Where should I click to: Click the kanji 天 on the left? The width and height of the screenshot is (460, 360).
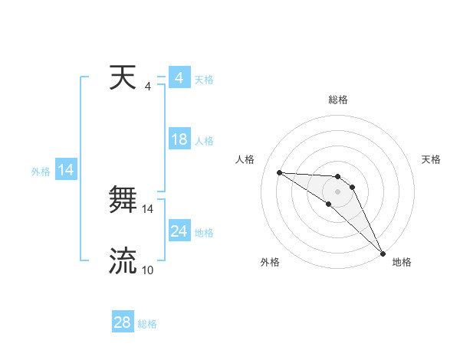pos(123,78)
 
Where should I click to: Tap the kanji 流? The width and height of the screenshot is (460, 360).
pos(123,261)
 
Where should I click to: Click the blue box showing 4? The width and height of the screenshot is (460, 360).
pos(179,78)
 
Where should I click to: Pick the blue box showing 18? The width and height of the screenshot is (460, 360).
pos(179,139)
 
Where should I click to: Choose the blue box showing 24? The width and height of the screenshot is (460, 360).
pos(179,231)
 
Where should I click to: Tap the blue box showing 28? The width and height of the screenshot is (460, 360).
pos(123,322)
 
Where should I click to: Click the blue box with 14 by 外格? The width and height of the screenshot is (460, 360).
pos(66,170)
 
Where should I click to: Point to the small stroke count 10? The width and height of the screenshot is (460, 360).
pos(148,270)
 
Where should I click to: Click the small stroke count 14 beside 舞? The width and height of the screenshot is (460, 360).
pos(148,208)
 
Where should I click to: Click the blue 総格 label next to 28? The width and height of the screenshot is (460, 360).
pos(147,324)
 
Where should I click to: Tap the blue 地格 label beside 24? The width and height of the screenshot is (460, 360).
pos(204,233)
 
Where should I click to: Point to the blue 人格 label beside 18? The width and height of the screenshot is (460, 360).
pos(204,141)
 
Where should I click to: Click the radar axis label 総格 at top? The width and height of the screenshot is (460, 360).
pos(338,100)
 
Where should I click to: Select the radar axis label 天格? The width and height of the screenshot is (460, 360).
pos(432,159)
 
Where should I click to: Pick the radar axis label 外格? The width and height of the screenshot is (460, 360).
pos(269,263)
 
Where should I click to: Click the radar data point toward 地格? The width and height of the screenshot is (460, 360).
pos(383,253)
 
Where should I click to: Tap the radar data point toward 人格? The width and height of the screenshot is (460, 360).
pos(279,172)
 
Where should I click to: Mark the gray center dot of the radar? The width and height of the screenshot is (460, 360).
pos(338,191)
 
